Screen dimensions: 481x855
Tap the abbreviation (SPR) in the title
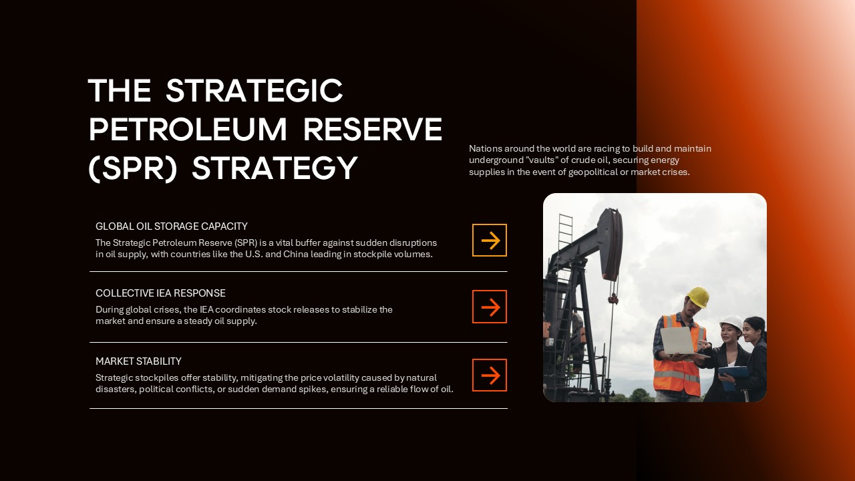[x=133, y=168]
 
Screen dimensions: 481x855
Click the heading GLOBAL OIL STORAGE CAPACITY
[x=172, y=226]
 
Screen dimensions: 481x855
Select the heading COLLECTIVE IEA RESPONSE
[x=160, y=293]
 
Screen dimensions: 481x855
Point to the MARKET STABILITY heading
[x=138, y=361]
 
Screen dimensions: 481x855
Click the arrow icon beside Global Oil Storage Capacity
[x=490, y=240]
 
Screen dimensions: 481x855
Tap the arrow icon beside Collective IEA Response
[x=490, y=307]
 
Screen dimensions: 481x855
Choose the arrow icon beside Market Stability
[x=490, y=375]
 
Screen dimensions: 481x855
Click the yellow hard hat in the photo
[x=698, y=296]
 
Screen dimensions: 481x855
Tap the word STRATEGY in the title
[x=275, y=168]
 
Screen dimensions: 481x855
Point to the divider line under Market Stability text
[x=298, y=408]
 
